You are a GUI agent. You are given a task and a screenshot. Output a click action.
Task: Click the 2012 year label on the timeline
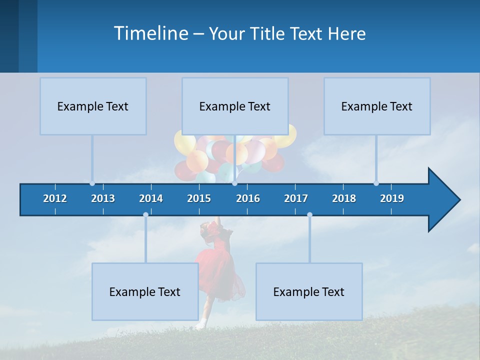(55, 198)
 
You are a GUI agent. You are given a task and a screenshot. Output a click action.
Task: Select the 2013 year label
(103, 198)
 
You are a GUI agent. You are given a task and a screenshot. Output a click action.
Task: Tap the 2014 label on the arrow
(151, 198)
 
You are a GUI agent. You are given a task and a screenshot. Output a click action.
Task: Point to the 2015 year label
(199, 198)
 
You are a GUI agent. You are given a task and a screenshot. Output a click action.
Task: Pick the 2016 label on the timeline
(248, 198)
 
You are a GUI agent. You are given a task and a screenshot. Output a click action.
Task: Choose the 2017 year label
(296, 198)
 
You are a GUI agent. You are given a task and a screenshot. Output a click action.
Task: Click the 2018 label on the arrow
(344, 198)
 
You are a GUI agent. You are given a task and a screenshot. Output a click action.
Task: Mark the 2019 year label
(392, 198)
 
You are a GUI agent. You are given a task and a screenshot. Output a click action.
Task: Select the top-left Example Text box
(93, 106)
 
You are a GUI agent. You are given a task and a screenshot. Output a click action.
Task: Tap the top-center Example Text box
(235, 106)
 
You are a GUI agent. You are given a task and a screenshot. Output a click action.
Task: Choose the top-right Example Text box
(377, 106)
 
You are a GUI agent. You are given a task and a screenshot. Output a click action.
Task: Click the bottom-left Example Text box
(145, 291)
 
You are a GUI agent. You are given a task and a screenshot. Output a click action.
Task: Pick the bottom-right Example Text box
(309, 291)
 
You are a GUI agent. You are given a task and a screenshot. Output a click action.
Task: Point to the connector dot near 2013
(92, 183)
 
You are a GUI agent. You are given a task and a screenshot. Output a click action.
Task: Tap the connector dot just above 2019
(376, 183)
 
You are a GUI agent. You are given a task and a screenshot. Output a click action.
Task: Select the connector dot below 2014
(145, 215)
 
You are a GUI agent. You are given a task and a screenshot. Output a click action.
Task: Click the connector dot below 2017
(309, 215)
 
